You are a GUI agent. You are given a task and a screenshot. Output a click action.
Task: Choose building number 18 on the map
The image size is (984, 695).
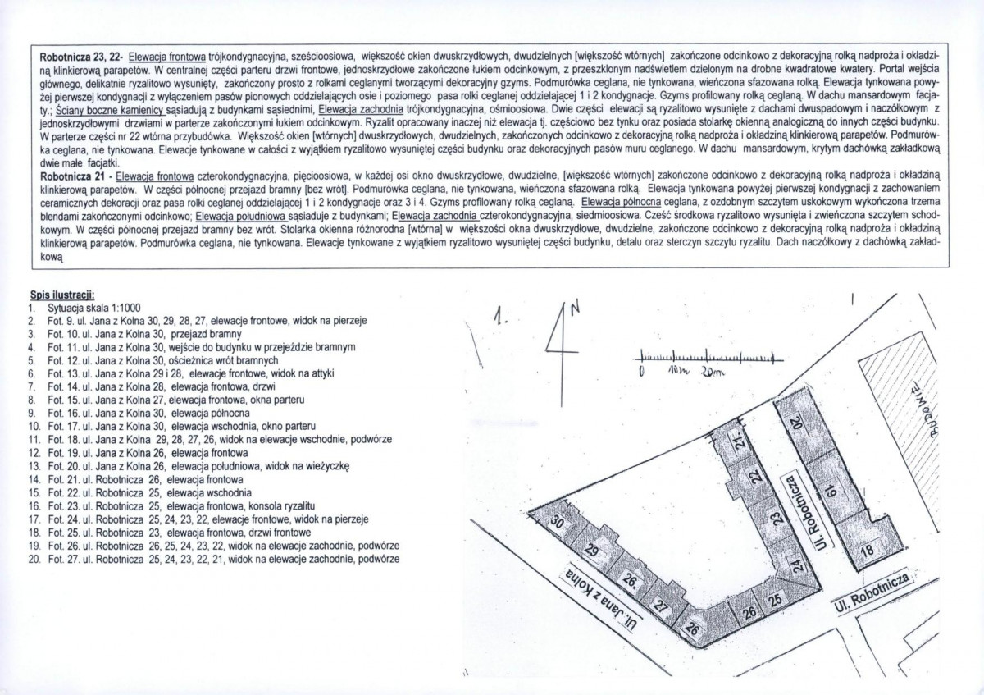pyautogui.click(x=867, y=555)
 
